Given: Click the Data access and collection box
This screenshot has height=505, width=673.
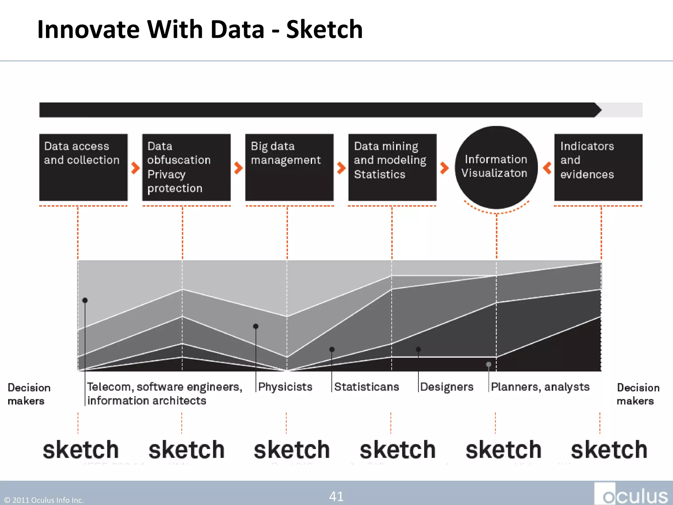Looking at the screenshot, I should (83, 167).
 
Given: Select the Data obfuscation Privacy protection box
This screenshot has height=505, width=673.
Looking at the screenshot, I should (186, 167).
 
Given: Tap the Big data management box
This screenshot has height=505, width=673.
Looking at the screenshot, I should (289, 167).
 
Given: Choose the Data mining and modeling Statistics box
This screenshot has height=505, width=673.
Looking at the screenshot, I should (392, 167).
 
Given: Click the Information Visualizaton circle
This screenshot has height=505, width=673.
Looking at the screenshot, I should (496, 167).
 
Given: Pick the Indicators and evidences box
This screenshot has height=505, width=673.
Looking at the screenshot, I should (598, 167).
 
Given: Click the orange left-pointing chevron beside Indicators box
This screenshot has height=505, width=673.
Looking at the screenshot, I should (547, 168).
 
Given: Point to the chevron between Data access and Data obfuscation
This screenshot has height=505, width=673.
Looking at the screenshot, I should (135, 168).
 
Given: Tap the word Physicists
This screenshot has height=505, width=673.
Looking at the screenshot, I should (285, 387).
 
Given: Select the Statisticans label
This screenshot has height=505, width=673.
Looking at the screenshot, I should (366, 387).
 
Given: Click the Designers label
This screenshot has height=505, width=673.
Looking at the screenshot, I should (447, 387).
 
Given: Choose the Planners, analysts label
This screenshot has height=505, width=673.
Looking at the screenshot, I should (540, 387).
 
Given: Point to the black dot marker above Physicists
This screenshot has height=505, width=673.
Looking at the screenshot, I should (256, 326).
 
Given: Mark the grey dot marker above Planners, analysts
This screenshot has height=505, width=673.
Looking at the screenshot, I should (489, 364).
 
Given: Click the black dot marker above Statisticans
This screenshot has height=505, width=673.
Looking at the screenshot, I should (332, 349).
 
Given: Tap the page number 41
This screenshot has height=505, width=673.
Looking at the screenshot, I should (336, 496).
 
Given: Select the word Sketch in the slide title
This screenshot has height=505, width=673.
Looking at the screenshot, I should (324, 30).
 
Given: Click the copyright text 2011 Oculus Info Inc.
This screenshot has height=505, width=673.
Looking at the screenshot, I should (44, 500).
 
